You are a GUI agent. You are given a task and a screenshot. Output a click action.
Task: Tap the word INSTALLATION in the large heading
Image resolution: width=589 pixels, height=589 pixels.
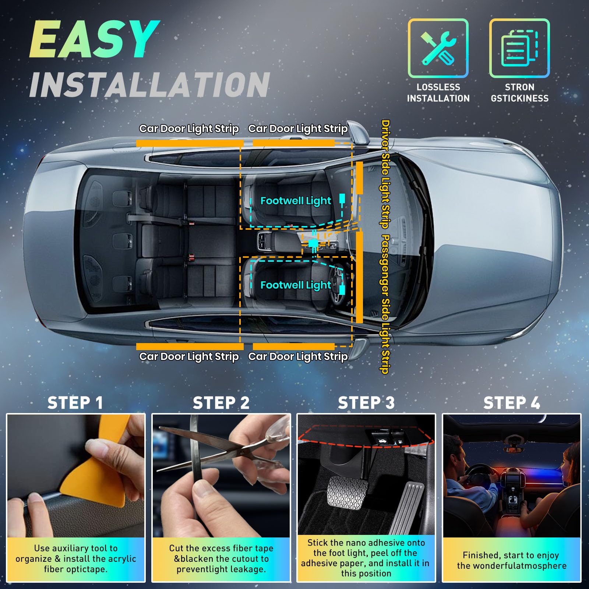point(150,85)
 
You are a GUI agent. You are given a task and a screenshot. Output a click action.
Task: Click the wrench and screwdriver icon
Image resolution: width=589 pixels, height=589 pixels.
point(438,48)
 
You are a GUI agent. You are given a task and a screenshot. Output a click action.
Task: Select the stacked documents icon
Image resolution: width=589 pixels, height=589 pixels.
point(519,48)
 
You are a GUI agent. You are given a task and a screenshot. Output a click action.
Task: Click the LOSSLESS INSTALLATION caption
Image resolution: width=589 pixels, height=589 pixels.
point(438,93)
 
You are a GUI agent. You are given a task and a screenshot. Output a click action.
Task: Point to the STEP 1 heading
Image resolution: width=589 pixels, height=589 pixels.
point(75,403)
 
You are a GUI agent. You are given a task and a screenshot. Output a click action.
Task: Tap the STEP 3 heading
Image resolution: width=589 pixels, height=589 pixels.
point(366,403)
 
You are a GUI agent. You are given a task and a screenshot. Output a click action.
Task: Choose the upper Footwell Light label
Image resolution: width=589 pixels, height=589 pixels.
point(296,201)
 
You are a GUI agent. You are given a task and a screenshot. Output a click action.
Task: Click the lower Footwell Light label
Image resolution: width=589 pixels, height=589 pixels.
point(296,285)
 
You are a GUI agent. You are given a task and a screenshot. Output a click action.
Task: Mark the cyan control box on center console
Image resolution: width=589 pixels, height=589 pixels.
point(313,243)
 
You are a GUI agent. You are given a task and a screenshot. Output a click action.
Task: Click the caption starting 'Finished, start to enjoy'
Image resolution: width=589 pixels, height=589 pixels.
point(511,560)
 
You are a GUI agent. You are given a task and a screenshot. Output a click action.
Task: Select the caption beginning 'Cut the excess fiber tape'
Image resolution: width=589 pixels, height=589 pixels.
point(221,558)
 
